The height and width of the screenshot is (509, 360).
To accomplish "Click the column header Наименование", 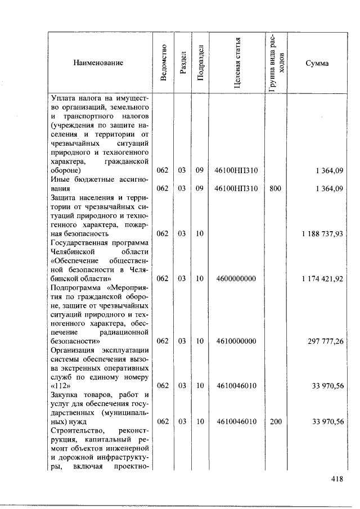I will click(x=98, y=63).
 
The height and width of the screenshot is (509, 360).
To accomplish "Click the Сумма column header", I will click(x=317, y=63).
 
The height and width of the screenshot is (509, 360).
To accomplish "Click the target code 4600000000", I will click(x=236, y=278).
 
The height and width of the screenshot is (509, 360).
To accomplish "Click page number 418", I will click(x=336, y=479).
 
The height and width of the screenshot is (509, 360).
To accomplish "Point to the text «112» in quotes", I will click(x=60, y=386).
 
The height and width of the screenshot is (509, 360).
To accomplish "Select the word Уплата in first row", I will click(x=62, y=99).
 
